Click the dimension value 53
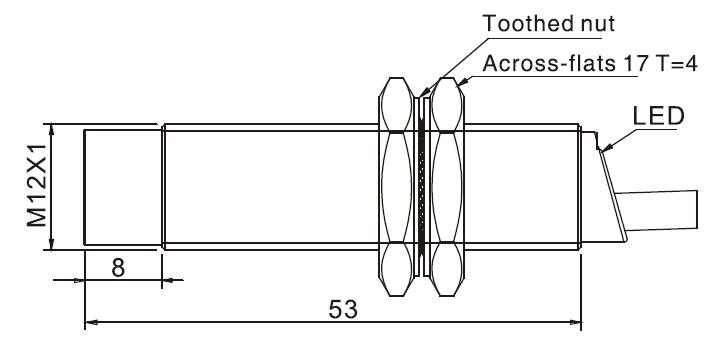pos(343,309)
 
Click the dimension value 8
pos(118,268)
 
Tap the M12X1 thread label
pos(37,185)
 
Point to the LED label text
pos(658,116)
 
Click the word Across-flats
pos(548,63)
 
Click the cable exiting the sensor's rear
pos(657,210)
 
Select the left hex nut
pos(396,187)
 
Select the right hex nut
pos(447,187)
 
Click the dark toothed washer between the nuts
pos(421,187)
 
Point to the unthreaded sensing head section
pos(123,187)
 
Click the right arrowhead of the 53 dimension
pos(576,322)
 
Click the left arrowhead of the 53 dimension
pos(91,322)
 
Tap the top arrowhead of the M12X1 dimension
pos(51,130)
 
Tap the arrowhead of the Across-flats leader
pos(462,83)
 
